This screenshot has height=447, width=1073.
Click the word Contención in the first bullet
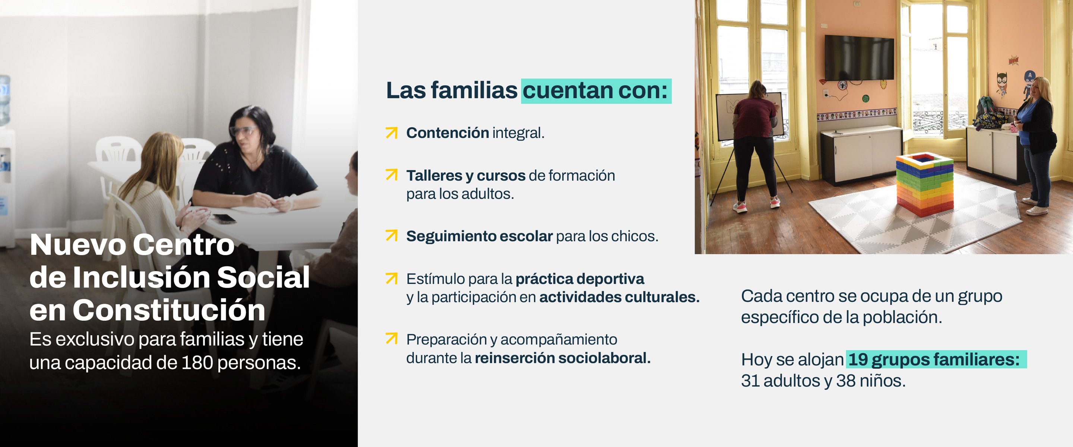pos(447,133)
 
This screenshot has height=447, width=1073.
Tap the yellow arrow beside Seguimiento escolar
pos(392,235)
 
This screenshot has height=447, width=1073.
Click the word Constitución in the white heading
pos(169,310)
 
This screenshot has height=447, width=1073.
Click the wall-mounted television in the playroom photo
pos(859,58)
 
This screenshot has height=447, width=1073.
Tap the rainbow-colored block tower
pos(925,184)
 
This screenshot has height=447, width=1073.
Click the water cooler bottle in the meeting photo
pos(4,100)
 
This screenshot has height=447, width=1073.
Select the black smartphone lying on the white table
pos(225,218)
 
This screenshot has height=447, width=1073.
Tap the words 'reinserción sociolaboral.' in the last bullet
pos(563,358)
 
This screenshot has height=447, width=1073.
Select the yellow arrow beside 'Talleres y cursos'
pos(392,175)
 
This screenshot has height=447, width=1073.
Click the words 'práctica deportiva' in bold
pos(580,279)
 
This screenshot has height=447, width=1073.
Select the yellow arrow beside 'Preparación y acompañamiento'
pos(392,338)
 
